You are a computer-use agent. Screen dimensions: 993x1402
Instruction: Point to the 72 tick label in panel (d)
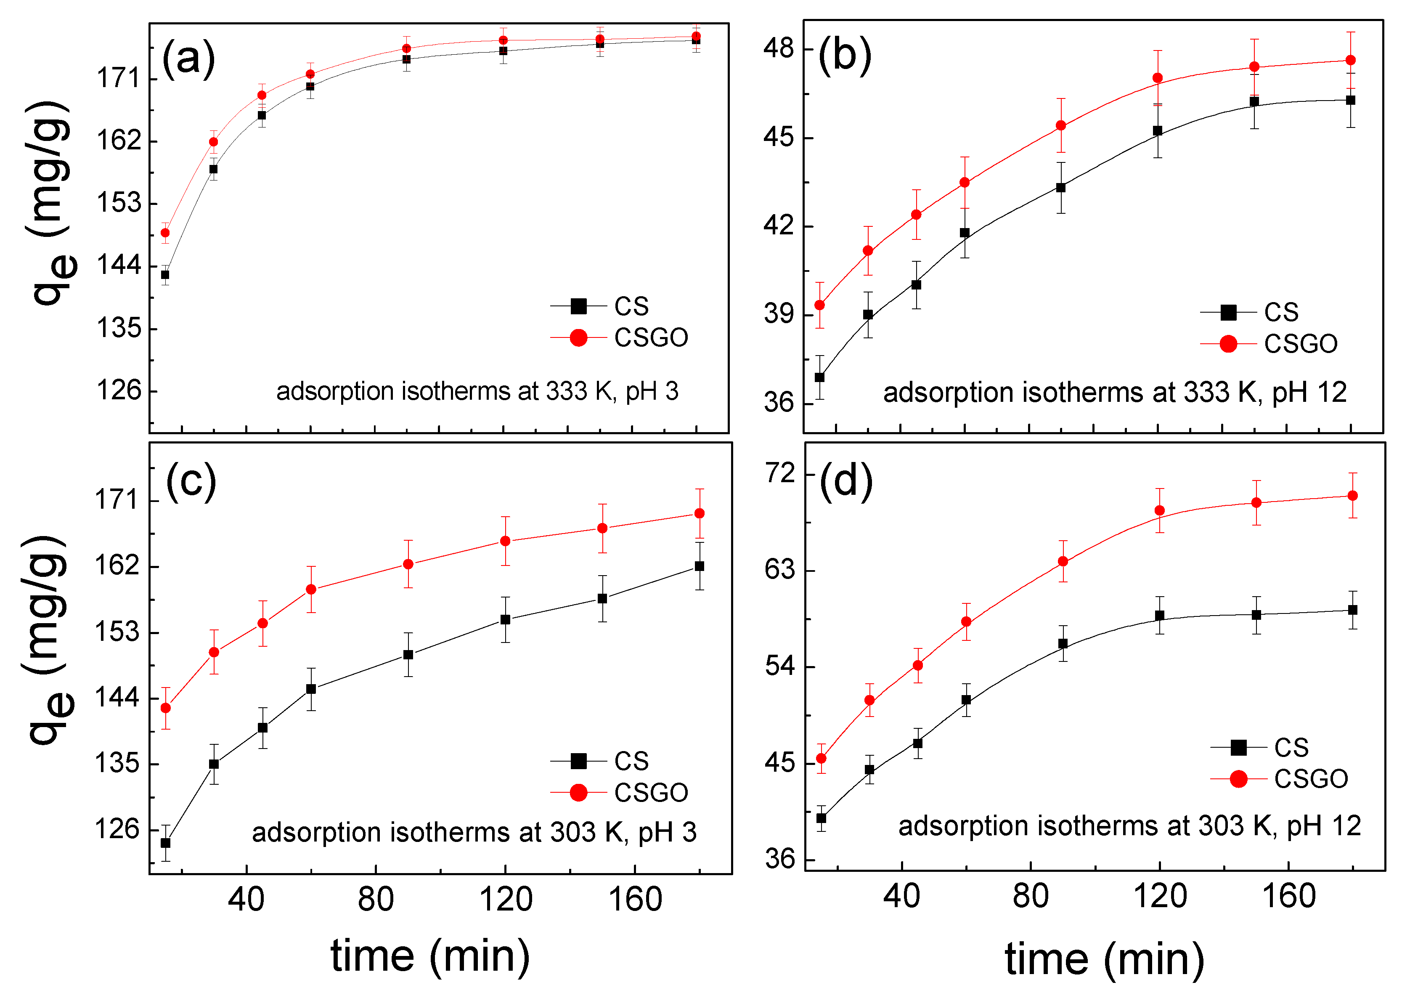780,473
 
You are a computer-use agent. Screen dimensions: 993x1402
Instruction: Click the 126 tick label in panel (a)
119,391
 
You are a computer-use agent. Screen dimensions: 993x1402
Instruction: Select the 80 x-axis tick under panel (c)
375,900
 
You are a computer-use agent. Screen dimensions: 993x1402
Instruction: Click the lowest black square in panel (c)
165,843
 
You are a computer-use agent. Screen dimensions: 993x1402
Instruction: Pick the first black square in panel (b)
819,377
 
